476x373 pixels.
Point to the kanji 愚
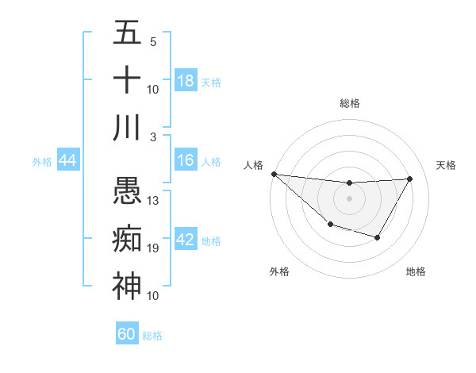(127, 191)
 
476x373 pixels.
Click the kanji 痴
(127, 239)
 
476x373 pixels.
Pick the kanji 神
(127, 286)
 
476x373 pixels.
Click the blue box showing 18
(186, 81)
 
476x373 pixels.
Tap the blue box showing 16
(186, 160)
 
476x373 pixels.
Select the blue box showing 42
(186, 240)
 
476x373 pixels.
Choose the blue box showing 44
(68, 160)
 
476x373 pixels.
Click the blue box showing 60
(127, 334)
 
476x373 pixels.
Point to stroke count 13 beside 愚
(154, 200)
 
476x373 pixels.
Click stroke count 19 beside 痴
(154, 248)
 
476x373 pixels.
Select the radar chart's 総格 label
(349, 103)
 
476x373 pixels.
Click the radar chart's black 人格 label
(255, 165)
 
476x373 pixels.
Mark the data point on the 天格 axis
(410, 179)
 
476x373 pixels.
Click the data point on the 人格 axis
(274, 174)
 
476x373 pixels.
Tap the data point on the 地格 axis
(378, 237)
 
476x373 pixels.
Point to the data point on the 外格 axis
(330, 225)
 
